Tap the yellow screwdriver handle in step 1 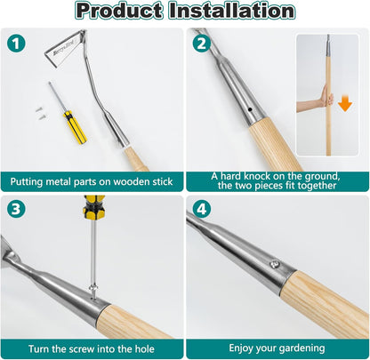pyautogui.click(x=75, y=126)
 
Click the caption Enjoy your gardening pyautogui.click(x=277, y=348)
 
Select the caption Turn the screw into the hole pyautogui.click(x=92, y=348)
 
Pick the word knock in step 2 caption pyautogui.click(x=255, y=176)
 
